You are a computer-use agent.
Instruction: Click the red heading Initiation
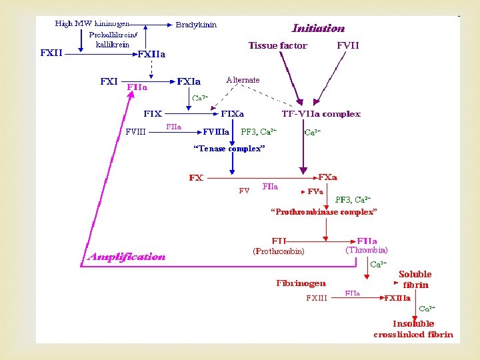318,29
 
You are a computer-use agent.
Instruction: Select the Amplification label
127,257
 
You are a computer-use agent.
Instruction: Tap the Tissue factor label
277,46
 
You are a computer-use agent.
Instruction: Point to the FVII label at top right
348,46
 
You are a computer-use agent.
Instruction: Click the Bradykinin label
196,25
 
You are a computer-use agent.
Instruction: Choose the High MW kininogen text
92,24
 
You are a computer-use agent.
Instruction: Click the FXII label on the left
51,53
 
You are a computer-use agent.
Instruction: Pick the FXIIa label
151,54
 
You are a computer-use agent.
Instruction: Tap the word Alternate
243,80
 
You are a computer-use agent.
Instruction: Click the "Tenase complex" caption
229,149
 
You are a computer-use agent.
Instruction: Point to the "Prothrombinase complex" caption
323,211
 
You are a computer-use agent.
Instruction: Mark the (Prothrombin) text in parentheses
278,251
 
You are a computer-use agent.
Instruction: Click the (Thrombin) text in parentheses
366,250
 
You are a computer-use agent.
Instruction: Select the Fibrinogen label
301,283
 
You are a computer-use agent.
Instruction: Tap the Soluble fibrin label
415,279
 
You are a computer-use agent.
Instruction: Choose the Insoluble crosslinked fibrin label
413,329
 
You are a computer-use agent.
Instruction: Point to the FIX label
153,114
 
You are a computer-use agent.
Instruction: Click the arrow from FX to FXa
260,178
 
